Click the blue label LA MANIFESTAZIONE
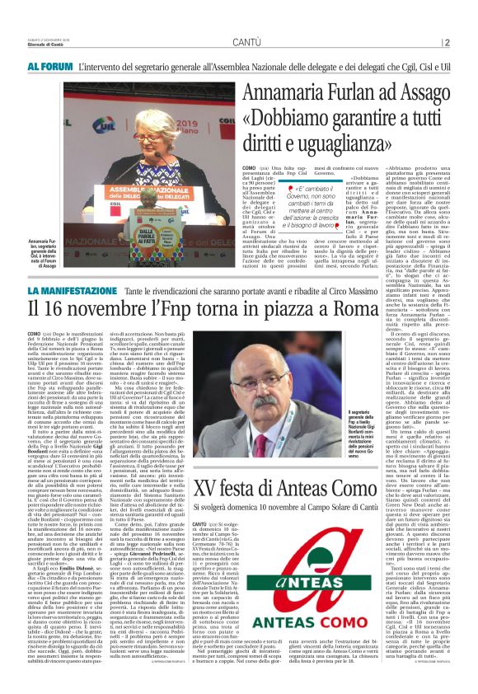tap(86, 292)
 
